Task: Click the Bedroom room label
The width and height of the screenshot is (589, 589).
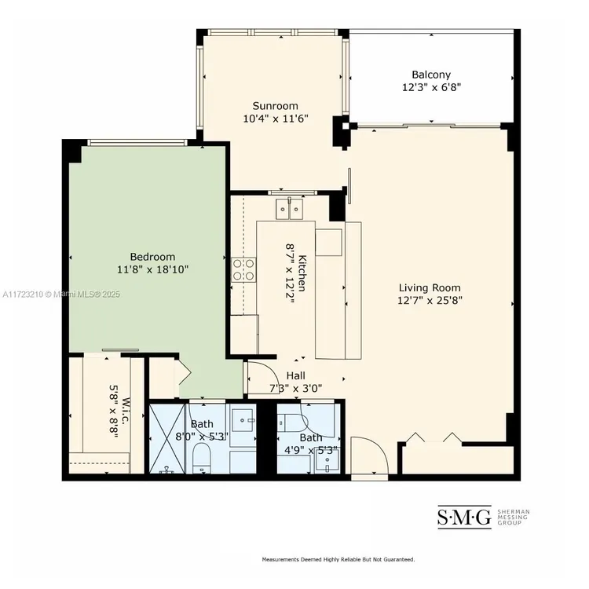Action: [152, 257]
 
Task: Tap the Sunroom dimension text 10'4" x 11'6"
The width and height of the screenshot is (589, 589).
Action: [276, 119]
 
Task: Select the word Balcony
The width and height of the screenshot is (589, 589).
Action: [431, 75]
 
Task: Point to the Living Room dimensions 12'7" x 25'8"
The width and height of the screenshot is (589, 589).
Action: [430, 301]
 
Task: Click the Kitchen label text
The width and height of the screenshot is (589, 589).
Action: [302, 273]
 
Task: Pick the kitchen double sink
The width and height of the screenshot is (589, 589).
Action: [289, 209]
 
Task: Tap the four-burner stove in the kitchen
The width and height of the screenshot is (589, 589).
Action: [243, 269]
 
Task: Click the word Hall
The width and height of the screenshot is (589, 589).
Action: [295, 375]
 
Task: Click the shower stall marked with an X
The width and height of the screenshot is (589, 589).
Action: [167, 438]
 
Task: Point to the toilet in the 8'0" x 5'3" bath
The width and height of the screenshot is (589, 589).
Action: [202, 458]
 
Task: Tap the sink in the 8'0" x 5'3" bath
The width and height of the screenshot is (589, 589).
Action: [243, 420]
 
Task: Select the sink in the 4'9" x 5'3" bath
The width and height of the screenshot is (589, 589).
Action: [327, 461]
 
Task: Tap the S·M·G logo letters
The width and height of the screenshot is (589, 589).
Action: [464, 517]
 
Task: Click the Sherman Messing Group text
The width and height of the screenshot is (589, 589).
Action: [514, 518]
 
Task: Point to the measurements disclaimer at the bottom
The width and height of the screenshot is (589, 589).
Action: [338, 559]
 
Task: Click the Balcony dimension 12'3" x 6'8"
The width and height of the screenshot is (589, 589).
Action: [431, 87]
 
